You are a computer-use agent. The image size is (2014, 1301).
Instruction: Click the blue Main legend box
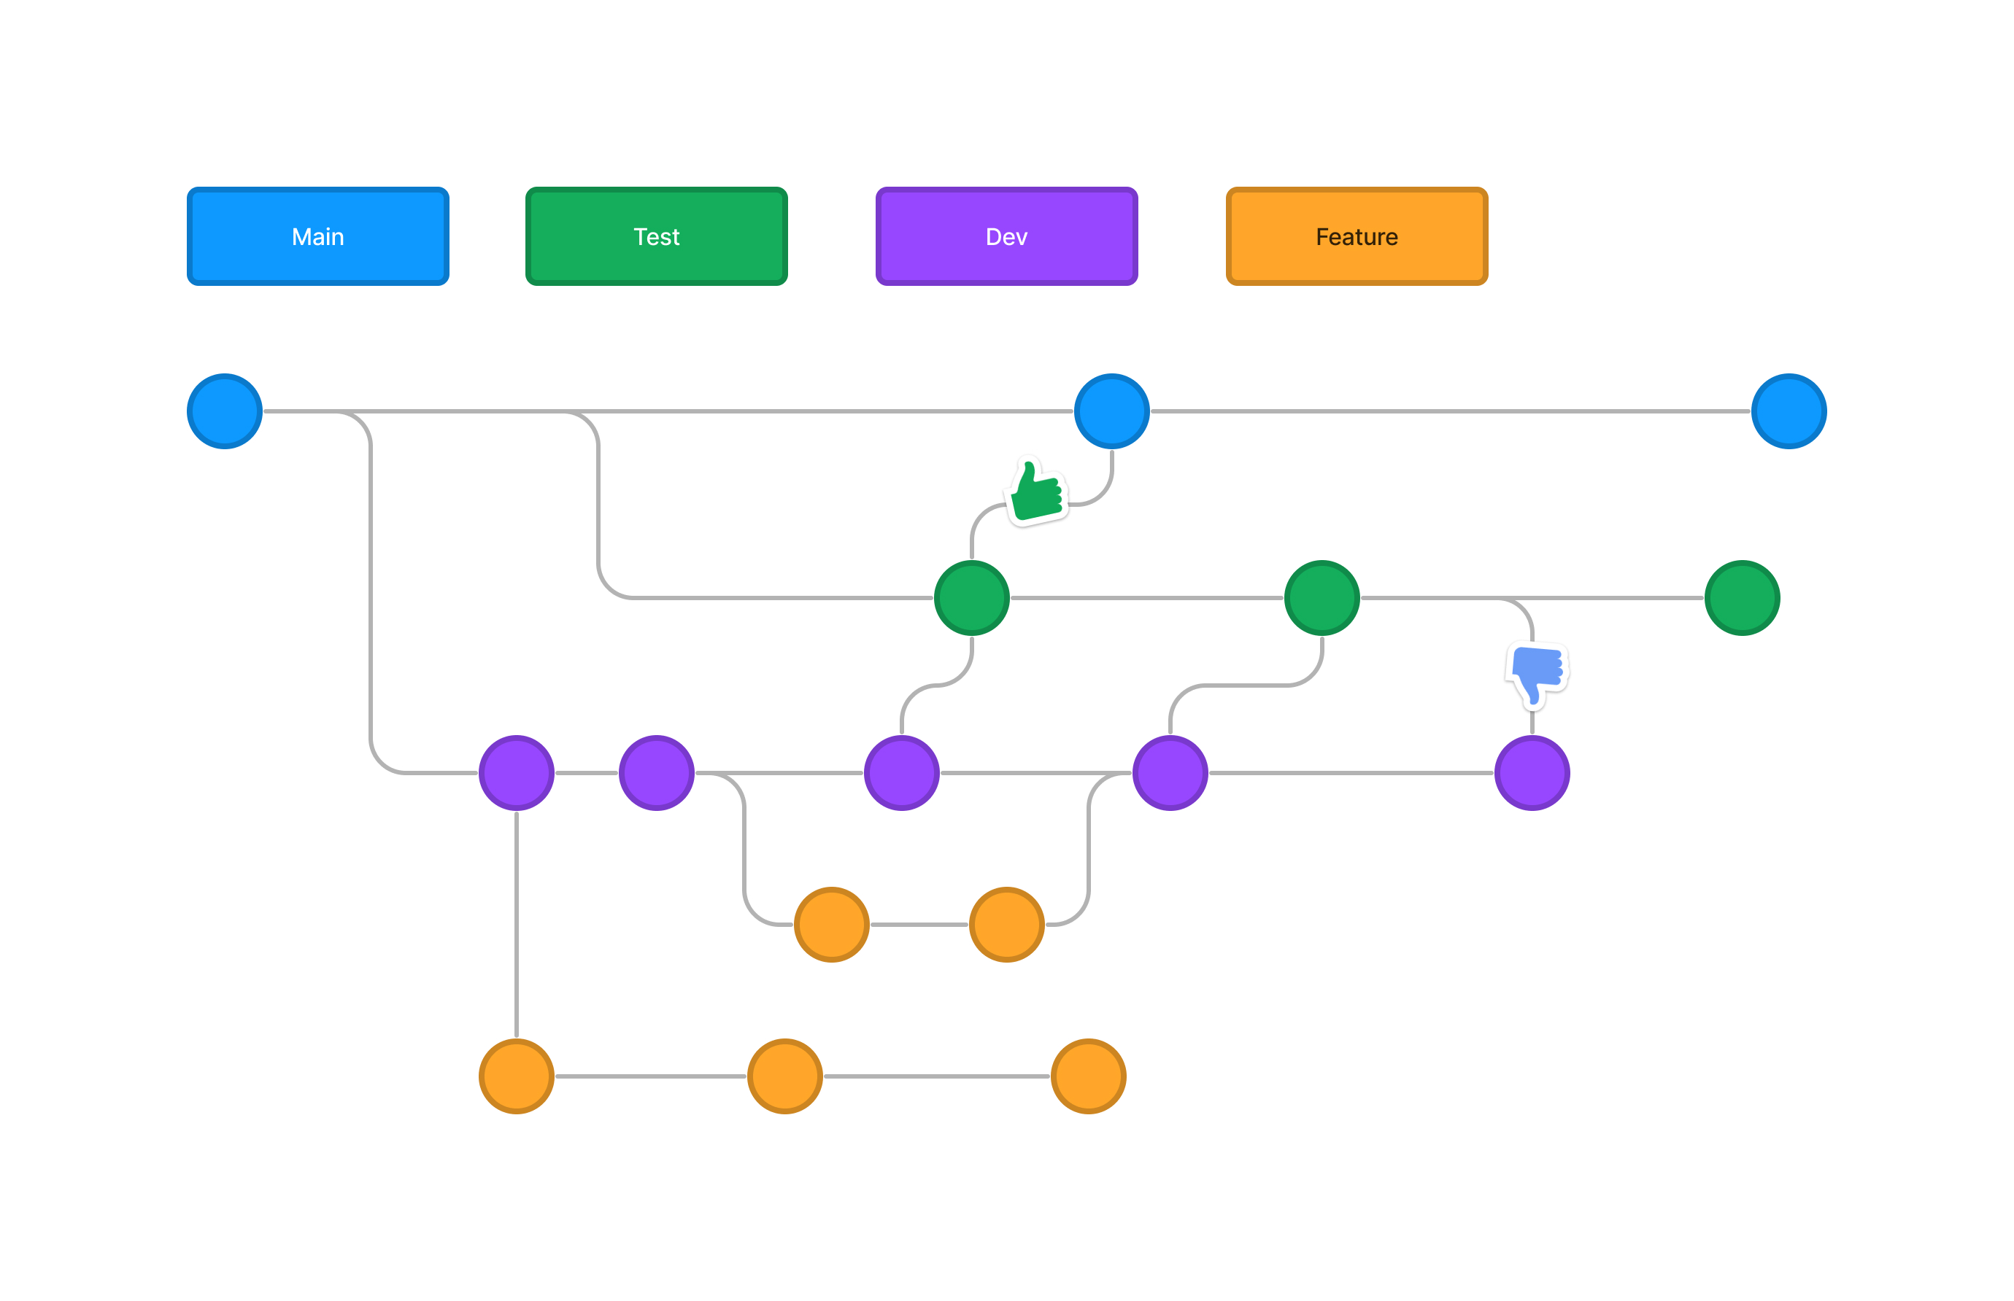[317, 236]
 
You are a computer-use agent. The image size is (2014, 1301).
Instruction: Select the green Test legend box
[656, 236]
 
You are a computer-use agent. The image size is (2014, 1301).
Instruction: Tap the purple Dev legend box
[1006, 236]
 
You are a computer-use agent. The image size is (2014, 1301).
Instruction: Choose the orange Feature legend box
[1356, 236]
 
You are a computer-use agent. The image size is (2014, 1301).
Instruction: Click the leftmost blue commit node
[225, 411]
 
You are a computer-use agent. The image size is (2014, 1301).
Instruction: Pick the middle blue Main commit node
[1111, 411]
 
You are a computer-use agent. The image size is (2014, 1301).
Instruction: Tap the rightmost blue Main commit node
[1789, 411]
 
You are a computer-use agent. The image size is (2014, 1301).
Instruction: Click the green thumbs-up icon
[1037, 492]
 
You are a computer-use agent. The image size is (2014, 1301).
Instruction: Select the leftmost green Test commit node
[971, 598]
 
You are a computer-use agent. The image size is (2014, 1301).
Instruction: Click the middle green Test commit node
[1321, 598]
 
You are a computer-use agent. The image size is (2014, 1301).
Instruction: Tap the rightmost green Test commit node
[1742, 598]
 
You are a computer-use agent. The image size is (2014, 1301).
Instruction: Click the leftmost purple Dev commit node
[517, 773]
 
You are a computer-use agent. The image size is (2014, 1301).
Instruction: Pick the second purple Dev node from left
[657, 773]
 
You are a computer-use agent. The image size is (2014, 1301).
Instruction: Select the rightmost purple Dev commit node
[1532, 773]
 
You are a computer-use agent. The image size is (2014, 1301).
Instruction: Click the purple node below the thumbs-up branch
[902, 773]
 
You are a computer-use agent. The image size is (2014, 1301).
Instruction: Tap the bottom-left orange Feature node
[517, 1076]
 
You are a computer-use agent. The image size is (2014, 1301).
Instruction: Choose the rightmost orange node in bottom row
[1089, 1076]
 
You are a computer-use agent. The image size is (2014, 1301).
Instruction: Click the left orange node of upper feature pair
[832, 924]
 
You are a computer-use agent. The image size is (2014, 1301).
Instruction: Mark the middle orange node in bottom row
[785, 1076]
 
